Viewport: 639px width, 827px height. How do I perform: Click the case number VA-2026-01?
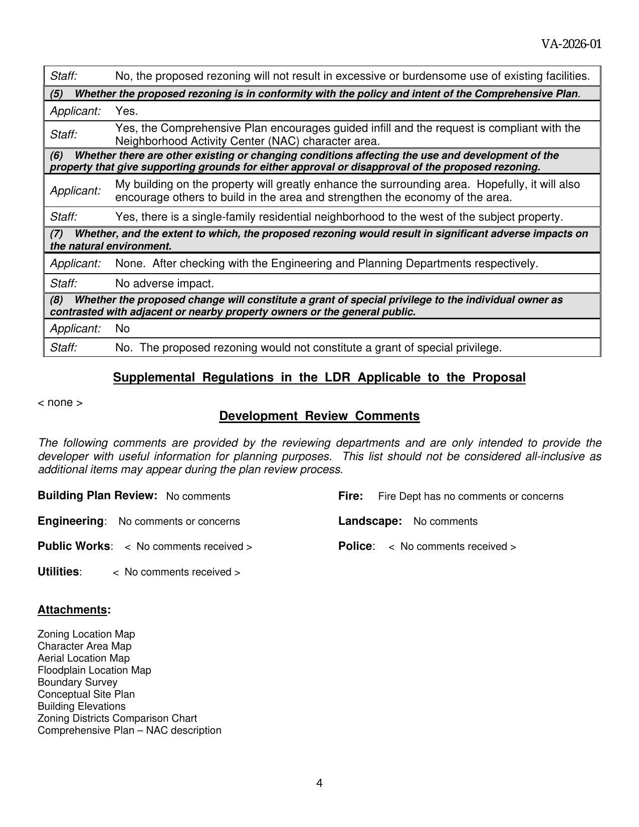click(x=571, y=44)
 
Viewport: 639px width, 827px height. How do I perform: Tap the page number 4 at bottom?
click(x=319, y=783)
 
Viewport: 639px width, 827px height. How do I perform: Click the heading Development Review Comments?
click(x=319, y=416)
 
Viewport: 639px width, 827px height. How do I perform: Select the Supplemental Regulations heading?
click(x=319, y=377)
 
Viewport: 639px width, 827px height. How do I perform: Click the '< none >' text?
click(x=60, y=402)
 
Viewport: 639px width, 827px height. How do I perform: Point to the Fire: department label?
click(x=350, y=496)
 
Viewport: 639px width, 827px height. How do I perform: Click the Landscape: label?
click(x=370, y=521)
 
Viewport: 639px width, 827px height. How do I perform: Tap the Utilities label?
click(x=59, y=572)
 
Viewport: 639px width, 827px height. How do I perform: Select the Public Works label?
click(x=74, y=546)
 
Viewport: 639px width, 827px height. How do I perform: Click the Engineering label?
click(x=71, y=521)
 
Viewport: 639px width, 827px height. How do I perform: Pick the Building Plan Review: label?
click(x=98, y=495)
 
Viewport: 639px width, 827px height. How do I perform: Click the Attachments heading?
click(x=74, y=609)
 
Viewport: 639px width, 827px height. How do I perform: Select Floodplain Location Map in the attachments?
click(x=94, y=670)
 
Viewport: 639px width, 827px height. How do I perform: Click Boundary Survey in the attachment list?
click(x=77, y=682)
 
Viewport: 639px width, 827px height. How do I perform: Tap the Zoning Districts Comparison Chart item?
click(x=117, y=718)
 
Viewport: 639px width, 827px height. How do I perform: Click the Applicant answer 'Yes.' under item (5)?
click(x=126, y=111)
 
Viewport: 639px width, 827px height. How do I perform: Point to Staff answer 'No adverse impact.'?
click(x=164, y=283)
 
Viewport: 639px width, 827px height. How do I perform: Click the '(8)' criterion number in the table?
click(x=56, y=300)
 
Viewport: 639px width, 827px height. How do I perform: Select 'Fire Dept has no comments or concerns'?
click(x=471, y=496)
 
